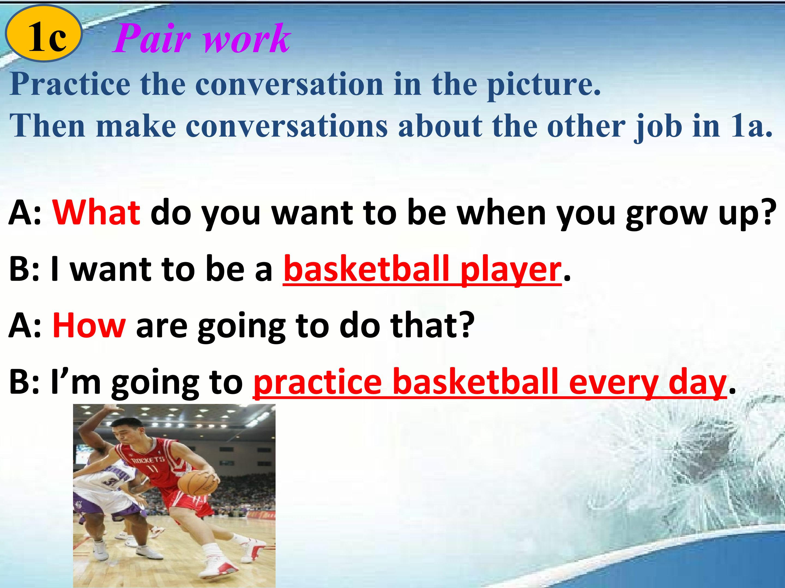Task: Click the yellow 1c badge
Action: [44, 34]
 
